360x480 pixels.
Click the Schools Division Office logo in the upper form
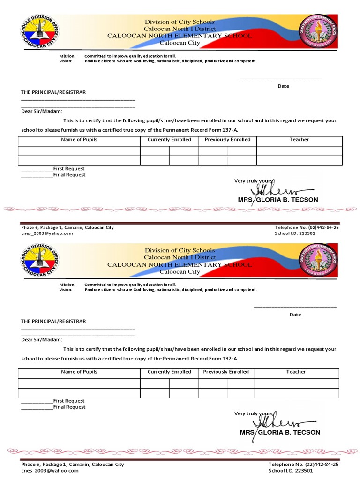pyautogui.click(x=39, y=32)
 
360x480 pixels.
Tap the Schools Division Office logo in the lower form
pyautogui.click(x=39, y=261)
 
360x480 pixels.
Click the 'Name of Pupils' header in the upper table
pyautogui.click(x=79, y=140)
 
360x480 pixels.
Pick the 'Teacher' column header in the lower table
pyautogui.click(x=296, y=372)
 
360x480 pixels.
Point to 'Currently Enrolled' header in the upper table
pyautogui.click(x=169, y=140)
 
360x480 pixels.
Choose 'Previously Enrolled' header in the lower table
pyautogui.click(x=226, y=372)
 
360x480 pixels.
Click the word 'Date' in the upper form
pyautogui.click(x=284, y=86)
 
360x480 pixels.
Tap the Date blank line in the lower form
pyautogui.click(x=295, y=307)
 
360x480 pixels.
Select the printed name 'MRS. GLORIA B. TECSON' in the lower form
pyautogui.click(x=280, y=432)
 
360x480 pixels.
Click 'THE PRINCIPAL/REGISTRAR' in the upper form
pyautogui.click(x=53, y=92)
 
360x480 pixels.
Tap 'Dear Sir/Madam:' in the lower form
pyautogui.click(x=42, y=340)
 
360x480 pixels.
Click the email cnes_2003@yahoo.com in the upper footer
pyautogui.click(x=47, y=233)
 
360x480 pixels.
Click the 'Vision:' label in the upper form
pyautogui.click(x=66, y=61)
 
